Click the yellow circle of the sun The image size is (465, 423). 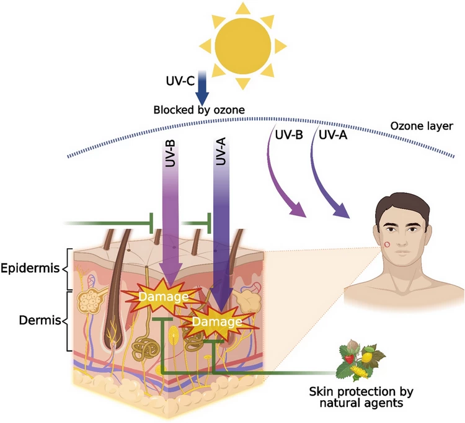click(243, 46)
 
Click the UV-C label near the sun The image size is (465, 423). click(180, 81)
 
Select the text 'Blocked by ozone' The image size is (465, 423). click(199, 110)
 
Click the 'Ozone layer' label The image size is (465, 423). click(422, 126)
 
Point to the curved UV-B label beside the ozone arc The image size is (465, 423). click(289, 135)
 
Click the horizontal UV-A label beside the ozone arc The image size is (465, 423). click(333, 135)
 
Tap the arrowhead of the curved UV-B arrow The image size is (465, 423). click(298, 210)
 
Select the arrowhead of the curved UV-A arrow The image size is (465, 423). click(341, 211)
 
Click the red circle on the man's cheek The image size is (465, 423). click(387, 245)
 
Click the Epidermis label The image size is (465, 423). click(30, 269)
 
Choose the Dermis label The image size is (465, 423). click(40, 321)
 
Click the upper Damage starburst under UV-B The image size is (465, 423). click(163, 296)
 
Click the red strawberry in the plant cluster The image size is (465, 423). click(349, 359)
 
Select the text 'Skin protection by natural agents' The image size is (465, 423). click(361, 397)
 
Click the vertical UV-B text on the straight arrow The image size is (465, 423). click(170, 153)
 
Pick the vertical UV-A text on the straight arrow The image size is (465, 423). click(221, 151)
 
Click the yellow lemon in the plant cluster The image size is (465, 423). click(366, 357)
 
